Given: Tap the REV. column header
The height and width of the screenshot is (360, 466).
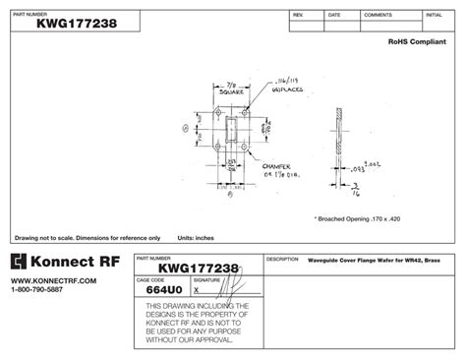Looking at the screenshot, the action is point(298,16).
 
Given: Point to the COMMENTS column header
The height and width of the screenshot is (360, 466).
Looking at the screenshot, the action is point(377,16).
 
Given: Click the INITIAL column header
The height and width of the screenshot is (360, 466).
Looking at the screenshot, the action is point(433,16).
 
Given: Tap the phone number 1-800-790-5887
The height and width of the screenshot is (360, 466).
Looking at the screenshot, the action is point(40,290).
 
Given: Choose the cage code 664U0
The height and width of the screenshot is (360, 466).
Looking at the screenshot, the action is point(161,290).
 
